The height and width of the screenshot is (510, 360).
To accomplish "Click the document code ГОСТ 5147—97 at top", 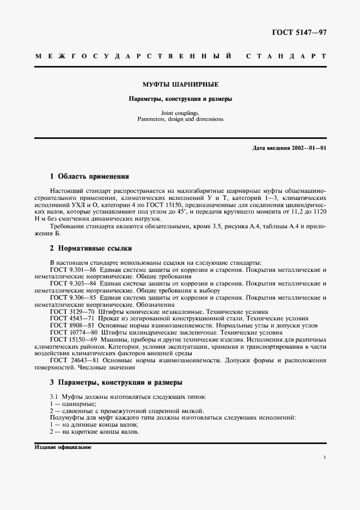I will [x=299, y=33].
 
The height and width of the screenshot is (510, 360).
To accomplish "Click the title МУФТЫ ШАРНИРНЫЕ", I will [x=180, y=84].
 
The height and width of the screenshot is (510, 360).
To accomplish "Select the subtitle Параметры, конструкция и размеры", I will [x=180, y=99].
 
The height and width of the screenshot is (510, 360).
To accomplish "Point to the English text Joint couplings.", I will [x=180, y=113].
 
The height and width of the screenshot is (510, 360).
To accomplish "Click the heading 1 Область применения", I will [x=89, y=177].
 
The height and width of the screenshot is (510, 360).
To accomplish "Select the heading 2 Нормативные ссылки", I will [x=91, y=248].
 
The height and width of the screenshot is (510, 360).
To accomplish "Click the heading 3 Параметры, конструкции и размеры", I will [x=116, y=382].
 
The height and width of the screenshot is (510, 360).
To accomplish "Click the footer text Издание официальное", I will [x=63, y=447].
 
